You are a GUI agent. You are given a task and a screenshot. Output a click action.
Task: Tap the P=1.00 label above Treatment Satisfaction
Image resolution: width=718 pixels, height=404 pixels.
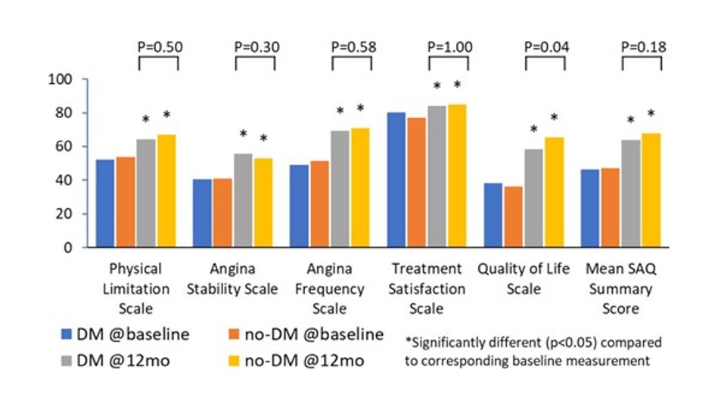(x=450, y=47)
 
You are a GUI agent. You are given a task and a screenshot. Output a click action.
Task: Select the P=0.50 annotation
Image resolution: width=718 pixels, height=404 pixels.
(x=160, y=47)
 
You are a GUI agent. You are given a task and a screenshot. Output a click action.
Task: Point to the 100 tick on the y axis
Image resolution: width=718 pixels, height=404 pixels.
(x=61, y=79)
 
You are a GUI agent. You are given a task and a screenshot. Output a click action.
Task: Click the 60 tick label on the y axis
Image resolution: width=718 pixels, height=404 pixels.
(x=64, y=147)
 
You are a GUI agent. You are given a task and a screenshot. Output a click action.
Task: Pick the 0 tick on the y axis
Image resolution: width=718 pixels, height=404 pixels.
(x=68, y=247)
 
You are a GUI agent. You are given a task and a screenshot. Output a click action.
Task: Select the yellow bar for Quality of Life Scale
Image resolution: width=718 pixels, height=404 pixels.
(x=554, y=192)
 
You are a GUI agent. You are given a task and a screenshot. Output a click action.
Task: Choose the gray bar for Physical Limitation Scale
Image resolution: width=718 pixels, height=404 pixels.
(x=146, y=193)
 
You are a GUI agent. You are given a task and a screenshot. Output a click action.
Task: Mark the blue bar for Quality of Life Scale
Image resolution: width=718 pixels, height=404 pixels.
(x=493, y=215)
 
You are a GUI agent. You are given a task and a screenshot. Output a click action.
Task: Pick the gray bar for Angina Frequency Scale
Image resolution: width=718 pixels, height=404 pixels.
(x=340, y=189)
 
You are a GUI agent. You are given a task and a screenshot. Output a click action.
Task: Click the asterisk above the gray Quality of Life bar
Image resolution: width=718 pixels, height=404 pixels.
(x=533, y=129)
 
